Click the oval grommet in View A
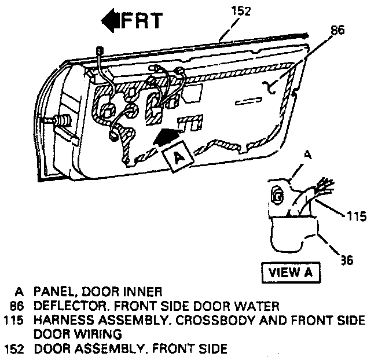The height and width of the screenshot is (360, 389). tap(278, 195)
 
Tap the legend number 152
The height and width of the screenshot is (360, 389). tap(16, 348)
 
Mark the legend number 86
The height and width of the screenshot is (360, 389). tap(19, 306)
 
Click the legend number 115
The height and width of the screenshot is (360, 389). tap(16, 320)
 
